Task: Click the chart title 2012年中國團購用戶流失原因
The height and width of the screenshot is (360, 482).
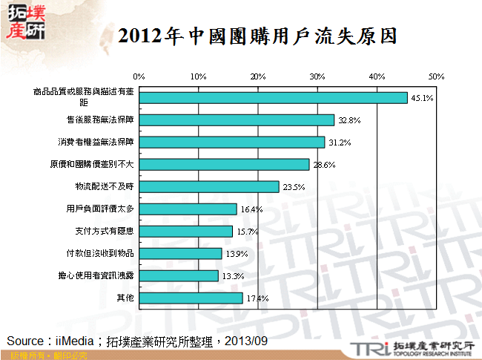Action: (257, 36)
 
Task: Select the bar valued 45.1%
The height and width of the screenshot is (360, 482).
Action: (273, 97)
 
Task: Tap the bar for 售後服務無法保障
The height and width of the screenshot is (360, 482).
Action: (237, 120)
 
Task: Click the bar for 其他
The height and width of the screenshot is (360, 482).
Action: (191, 298)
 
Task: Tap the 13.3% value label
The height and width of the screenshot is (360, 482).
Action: (232, 276)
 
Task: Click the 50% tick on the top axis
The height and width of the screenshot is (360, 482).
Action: (436, 76)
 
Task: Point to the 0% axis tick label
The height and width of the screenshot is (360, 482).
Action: (139, 76)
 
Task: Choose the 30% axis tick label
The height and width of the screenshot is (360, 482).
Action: (317, 76)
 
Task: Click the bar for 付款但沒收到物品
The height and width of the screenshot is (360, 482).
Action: (180, 254)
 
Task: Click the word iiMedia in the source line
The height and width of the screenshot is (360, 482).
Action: (75, 341)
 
